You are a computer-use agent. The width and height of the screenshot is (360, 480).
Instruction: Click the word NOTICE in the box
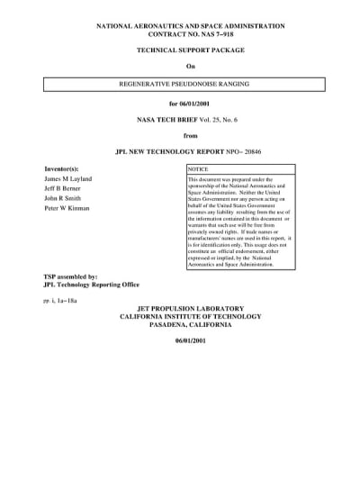(198, 168)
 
